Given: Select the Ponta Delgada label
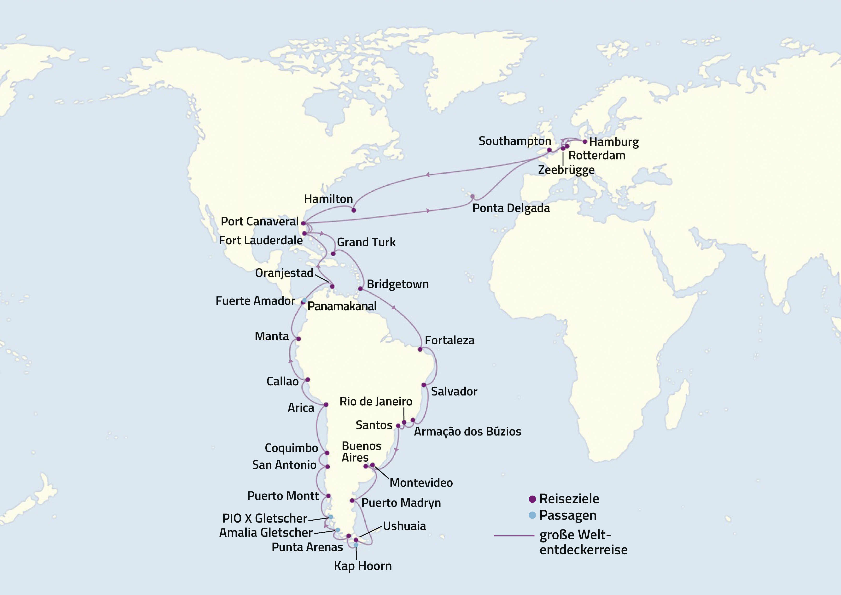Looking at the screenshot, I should point(511,208).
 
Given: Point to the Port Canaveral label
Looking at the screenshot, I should point(260,222).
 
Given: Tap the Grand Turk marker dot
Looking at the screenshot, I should point(333,253).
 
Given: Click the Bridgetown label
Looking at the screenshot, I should point(397,284).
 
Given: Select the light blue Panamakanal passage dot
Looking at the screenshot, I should point(304,300).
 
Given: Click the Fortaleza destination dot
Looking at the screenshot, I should point(420,349).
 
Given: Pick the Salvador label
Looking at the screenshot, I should point(454,391).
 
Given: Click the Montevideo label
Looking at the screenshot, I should point(421,483).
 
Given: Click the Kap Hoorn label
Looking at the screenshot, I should point(363,566).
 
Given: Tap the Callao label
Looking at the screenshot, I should point(282,381).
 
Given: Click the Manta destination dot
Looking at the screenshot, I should point(298,339).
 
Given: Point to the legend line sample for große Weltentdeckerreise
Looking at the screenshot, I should point(514,536).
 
